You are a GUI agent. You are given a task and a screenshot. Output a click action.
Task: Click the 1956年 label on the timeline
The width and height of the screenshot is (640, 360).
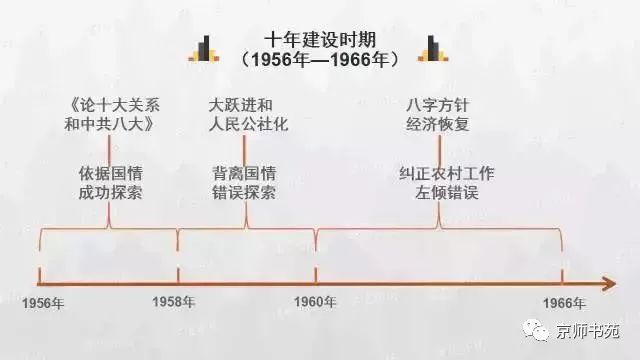pyautogui.click(x=43, y=304)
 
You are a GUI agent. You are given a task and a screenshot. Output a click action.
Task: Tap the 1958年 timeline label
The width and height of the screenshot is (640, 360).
pyautogui.click(x=173, y=302)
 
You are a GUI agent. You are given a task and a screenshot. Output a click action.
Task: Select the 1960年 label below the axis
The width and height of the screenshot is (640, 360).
pyautogui.click(x=315, y=302)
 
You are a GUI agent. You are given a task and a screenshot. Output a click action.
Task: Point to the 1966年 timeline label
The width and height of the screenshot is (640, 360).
pyautogui.click(x=564, y=303)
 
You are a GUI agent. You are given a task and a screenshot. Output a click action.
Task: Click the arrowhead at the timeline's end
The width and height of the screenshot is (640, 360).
pyautogui.click(x=609, y=284)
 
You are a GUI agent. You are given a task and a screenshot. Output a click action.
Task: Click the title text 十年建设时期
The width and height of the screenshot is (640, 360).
pyautogui.click(x=320, y=40)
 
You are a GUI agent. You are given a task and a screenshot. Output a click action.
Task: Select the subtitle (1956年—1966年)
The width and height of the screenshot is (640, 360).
pyautogui.click(x=320, y=60)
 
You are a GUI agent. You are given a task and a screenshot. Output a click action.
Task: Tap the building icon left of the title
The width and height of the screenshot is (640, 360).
pyautogui.click(x=204, y=49)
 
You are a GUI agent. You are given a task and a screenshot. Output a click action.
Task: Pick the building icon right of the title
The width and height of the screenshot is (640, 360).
pyautogui.click(x=433, y=49)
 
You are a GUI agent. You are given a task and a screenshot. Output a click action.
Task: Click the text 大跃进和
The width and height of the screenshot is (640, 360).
pyautogui.click(x=240, y=105)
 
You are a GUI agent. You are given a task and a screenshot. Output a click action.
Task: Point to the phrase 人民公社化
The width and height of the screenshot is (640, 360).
pyautogui.click(x=248, y=124)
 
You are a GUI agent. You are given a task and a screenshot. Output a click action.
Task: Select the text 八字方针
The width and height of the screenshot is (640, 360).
pyautogui.click(x=437, y=105)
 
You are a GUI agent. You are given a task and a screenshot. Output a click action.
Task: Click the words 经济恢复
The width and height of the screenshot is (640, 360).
pyautogui.click(x=437, y=124)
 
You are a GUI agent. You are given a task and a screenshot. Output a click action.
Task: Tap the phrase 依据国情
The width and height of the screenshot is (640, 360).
pyautogui.click(x=111, y=174)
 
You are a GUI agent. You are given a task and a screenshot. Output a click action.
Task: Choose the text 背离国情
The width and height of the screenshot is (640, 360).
pyautogui.click(x=244, y=174)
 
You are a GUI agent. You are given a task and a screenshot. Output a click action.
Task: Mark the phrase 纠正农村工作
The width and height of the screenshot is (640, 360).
pyautogui.click(x=447, y=174)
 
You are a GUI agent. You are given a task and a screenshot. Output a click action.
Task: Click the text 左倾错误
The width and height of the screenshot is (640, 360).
pyautogui.click(x=447, y=193)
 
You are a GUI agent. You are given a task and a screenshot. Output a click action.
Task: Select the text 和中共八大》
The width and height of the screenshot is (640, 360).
pyautogui.click(x=109, y=124)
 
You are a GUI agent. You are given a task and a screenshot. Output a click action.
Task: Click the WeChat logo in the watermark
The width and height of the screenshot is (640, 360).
pyautogui.click(x=536, y=330)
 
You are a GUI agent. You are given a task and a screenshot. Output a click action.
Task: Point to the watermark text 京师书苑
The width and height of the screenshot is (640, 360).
pyautogui.click(x=588, y=331)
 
